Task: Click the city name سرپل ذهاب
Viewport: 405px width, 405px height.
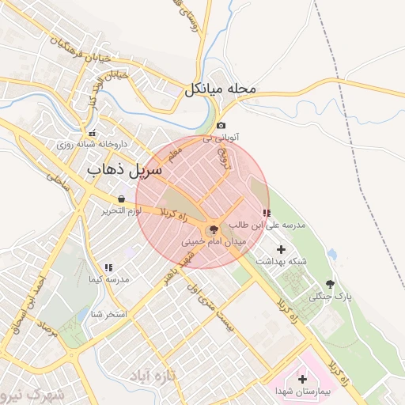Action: pos(124,169)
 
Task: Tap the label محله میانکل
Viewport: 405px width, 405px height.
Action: pos(221,89)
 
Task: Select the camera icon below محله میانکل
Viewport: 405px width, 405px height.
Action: pos(221,125)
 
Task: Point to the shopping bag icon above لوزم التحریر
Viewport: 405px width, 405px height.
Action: pos(120,199)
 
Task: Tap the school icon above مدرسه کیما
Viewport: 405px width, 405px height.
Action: pos(108,268)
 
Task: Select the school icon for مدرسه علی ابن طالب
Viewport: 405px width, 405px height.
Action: pos(266,214)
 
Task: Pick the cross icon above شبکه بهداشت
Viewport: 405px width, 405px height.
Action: pos(281,249)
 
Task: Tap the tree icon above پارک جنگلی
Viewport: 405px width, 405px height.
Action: pos(330,284)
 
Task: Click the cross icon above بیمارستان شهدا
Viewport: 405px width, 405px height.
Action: pos(301,379)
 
